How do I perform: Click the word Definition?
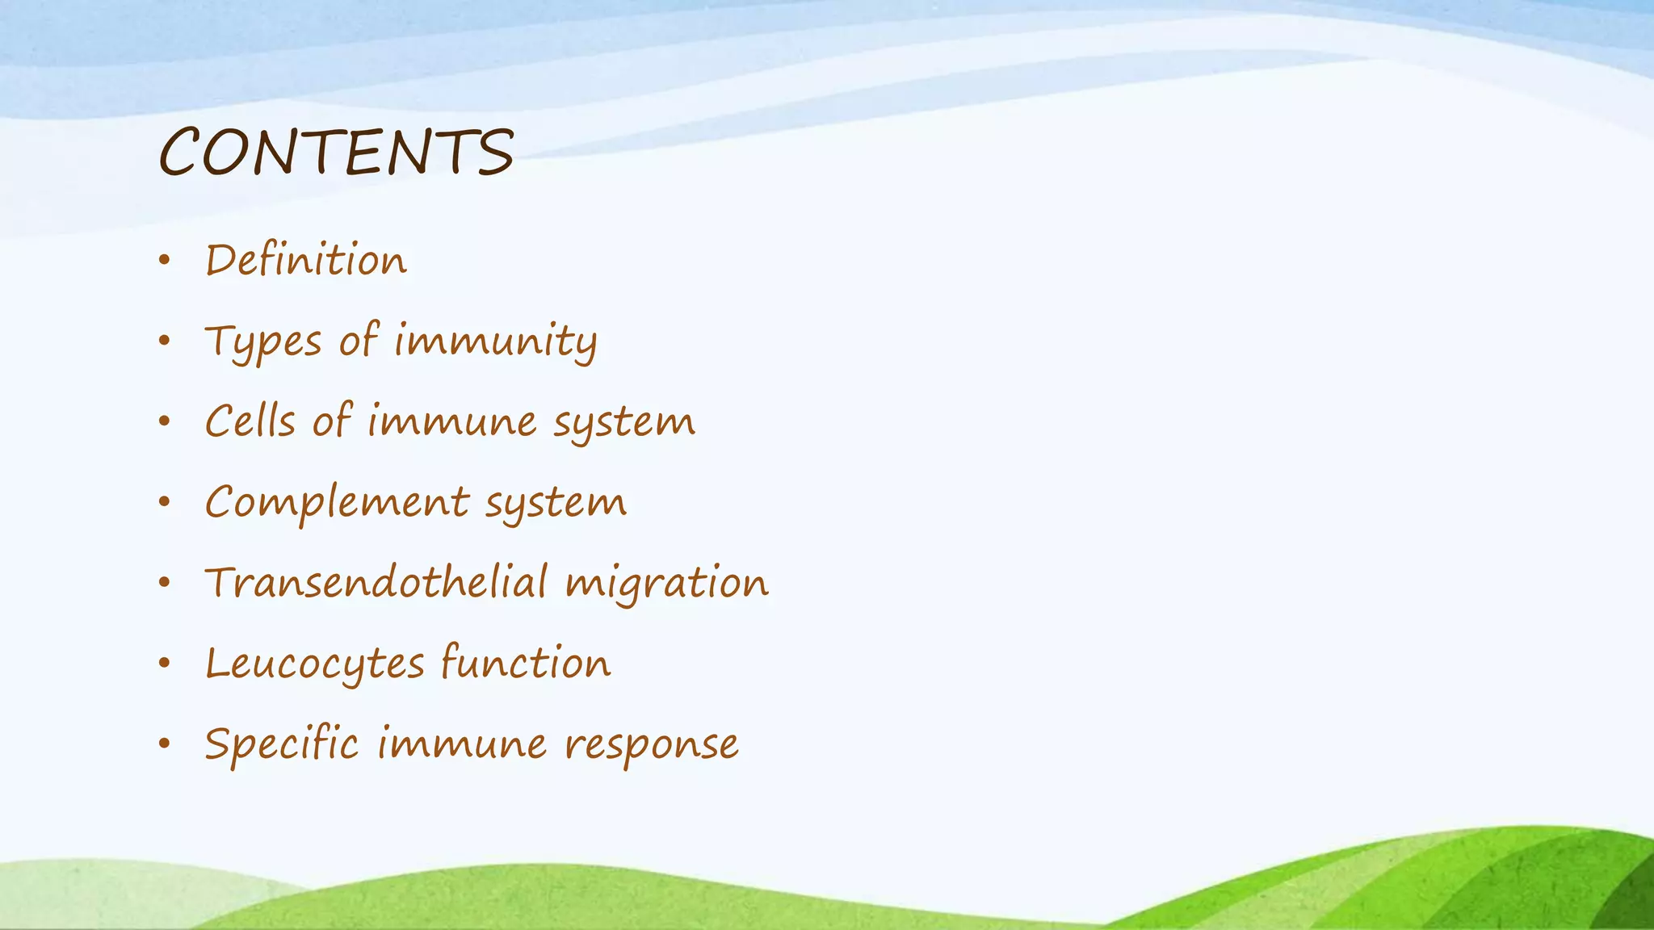[x=306, y=261]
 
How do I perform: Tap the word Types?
[x=263, y=341]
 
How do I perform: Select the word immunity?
[x=496, y=341]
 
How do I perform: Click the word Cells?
[x=250, y=421]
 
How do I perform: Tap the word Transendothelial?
[x=376, y=583]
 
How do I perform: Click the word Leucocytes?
[x=315, y=664]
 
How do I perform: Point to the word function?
[x=526, y=663]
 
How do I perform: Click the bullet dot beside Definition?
[x=165, y=261]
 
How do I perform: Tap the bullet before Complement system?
[x=165, y=503]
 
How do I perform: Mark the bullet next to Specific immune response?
[x=165, y=744]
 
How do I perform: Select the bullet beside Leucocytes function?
[x=165, y=664]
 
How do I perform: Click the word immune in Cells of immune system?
[x=452, y=421]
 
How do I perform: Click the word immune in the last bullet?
[x=462, y=744]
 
